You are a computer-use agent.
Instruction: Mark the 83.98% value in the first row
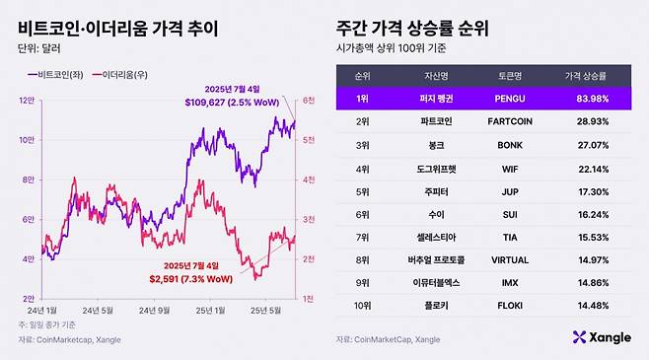coord(588,98)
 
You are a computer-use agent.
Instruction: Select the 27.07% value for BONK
coord(588,144)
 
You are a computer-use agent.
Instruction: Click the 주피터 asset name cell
coord(431,190)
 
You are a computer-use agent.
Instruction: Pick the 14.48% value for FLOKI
coord(588,306)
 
